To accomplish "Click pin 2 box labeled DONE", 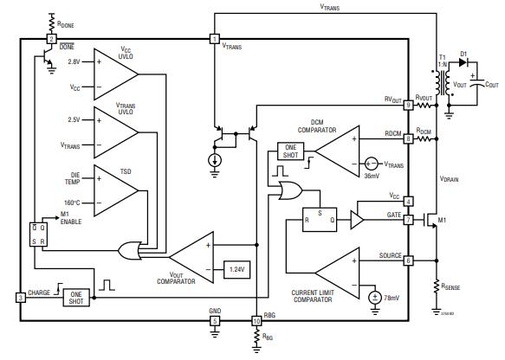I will (x=51, y=39).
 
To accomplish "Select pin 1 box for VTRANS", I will (x=214, y=39).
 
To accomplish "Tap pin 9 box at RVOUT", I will (x=408, y=105).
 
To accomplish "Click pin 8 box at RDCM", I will (x=408, y=138).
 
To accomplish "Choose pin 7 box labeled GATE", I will (x=408, y=219).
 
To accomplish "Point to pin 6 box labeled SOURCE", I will (x=408, y=260).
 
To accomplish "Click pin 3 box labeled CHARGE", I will (x=20, y=298).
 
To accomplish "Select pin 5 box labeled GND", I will (x=214, y=321).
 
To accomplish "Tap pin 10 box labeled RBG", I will (x=256, y=321).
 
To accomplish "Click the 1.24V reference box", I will (x=236, y=268).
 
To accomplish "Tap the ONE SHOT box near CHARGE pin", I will (x=75, y=296).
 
